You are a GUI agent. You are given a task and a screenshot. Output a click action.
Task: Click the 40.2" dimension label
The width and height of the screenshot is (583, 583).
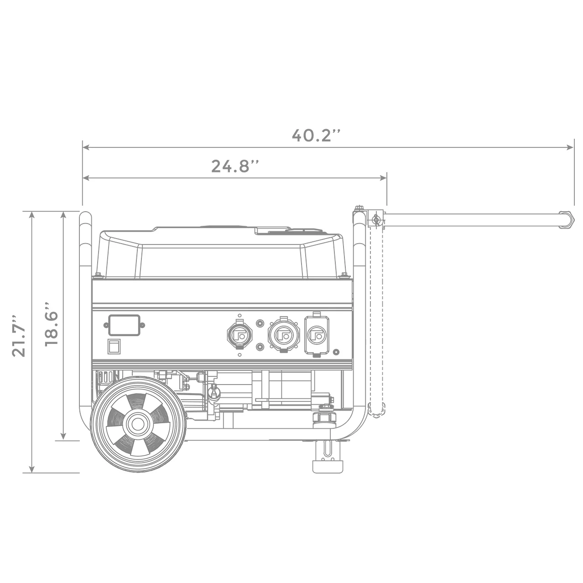point(316,135)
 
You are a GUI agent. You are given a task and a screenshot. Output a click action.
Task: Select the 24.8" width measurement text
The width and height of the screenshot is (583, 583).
point(235,166)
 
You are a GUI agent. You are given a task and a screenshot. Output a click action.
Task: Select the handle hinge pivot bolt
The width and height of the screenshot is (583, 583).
point(375,219)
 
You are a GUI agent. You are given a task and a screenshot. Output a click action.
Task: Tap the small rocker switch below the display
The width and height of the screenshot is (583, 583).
point(114,347)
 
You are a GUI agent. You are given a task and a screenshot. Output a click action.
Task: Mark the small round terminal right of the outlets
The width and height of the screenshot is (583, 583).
point(336,352)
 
